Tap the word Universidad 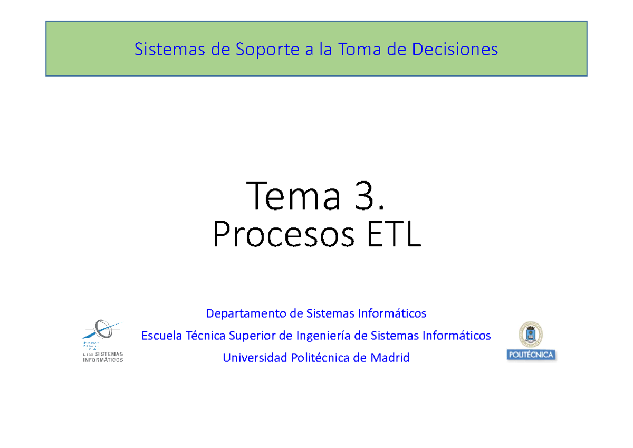click(255, 358)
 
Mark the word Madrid click(389, 358)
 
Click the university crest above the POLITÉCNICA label click(531, 334)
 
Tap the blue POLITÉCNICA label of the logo click(531, 355)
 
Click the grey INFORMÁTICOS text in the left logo click(102, 360)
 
